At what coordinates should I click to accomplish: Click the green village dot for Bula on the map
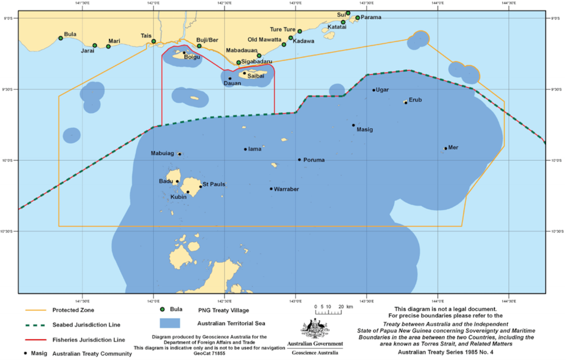coord(61,38)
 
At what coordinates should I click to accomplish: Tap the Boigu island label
coord(192,57)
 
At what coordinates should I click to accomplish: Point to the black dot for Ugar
coord(374,90)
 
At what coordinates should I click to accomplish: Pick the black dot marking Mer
coord(445,148)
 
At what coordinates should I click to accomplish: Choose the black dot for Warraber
coord(271,189)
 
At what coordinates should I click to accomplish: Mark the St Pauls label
coord(213,185)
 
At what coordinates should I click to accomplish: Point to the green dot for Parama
coord(357,18)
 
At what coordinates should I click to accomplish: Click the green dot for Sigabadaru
coord(239,62)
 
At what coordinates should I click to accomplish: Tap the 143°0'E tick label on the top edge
coord(295,4)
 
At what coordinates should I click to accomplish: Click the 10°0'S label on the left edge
coord(9,160)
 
